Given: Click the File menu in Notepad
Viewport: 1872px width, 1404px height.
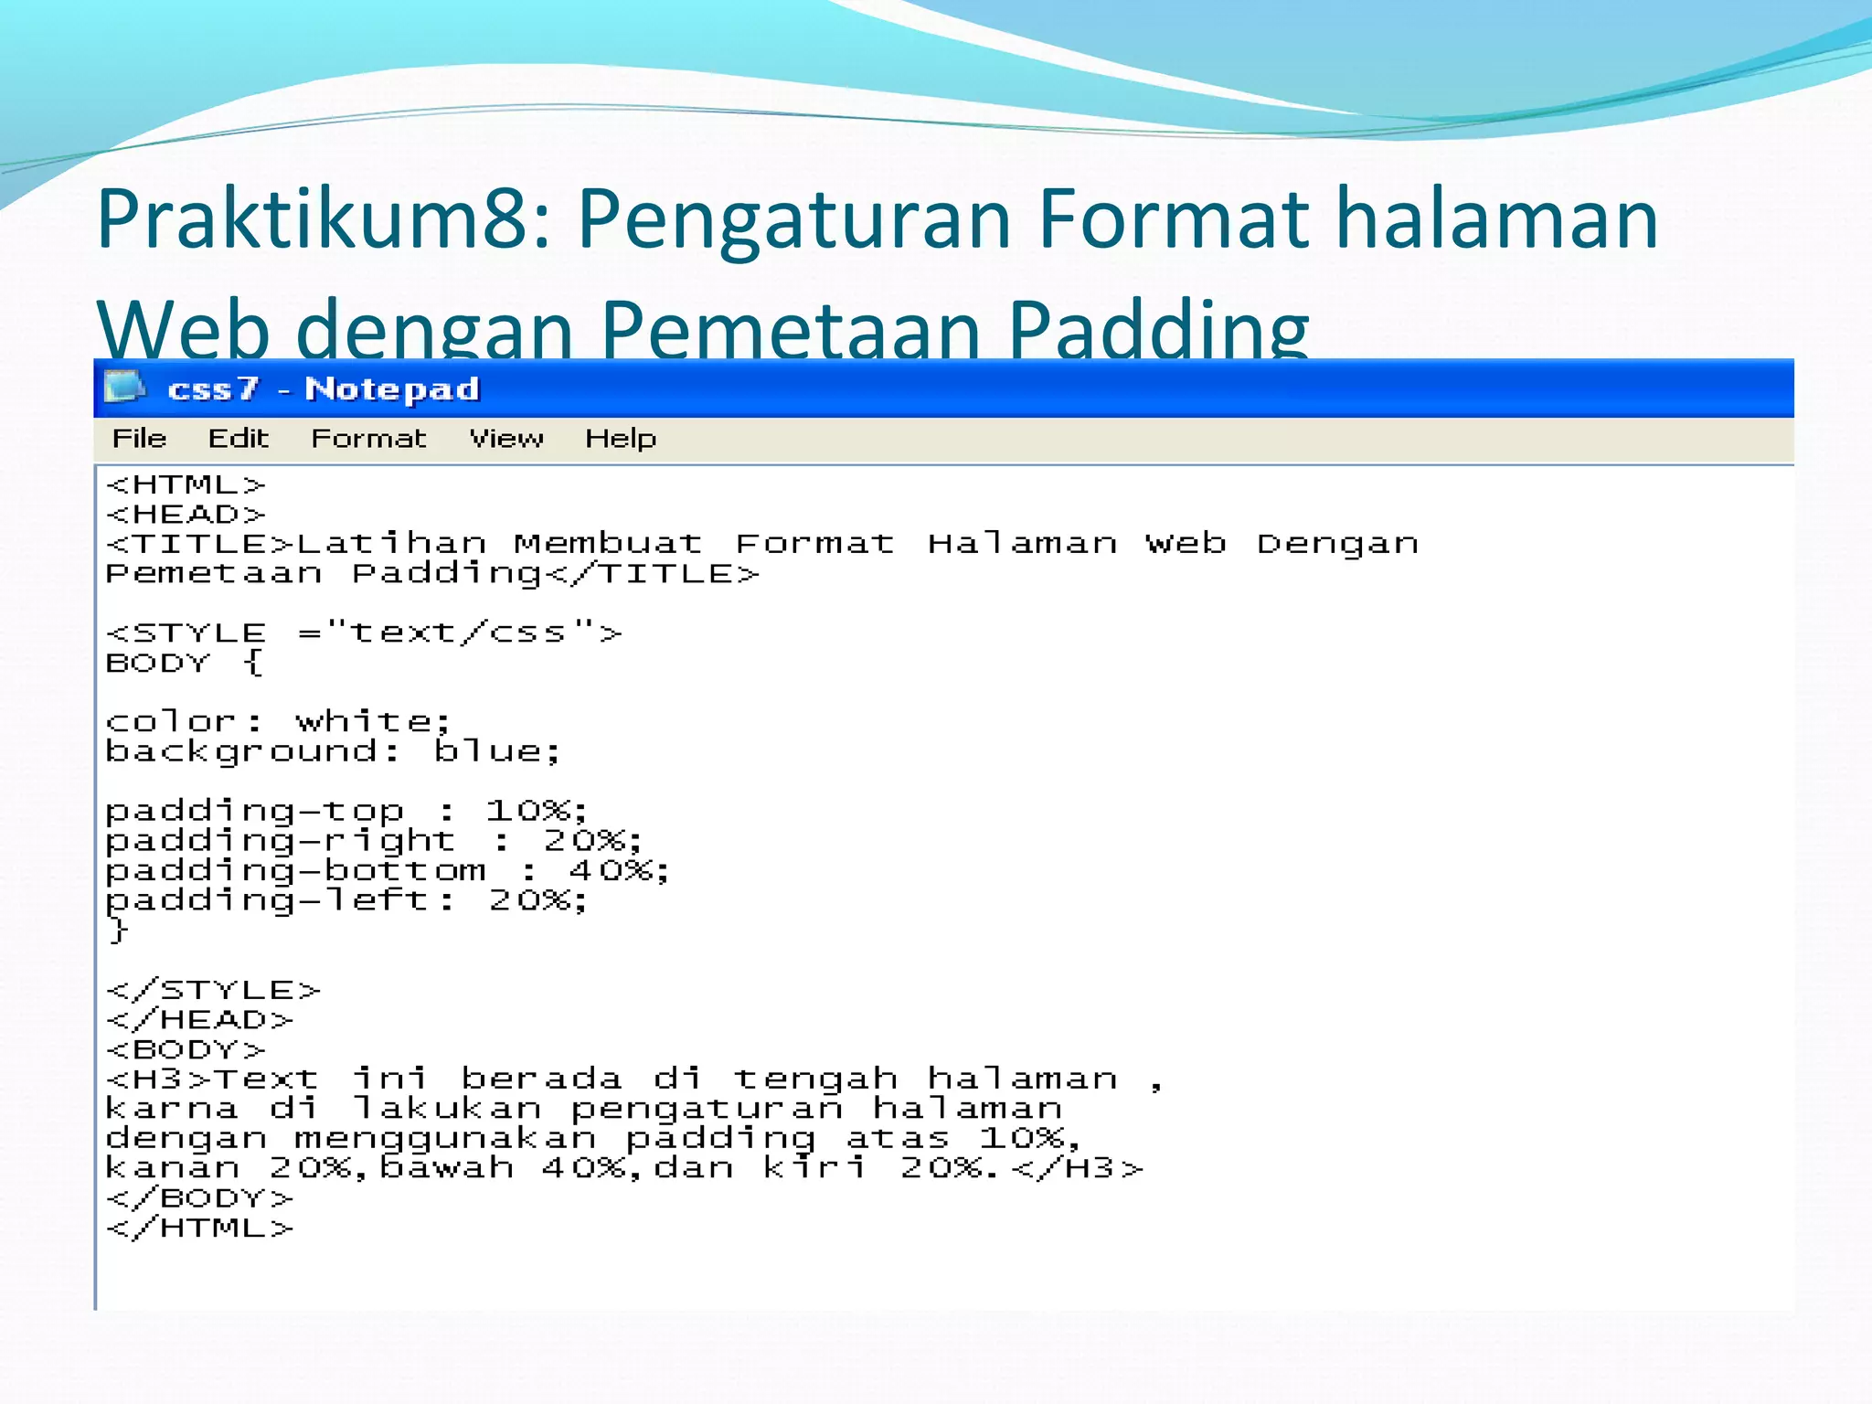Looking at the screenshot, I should [139, 439].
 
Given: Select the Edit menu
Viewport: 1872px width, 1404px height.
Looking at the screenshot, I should [238, 439].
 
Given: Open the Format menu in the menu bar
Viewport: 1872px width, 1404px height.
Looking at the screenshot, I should [368, 439].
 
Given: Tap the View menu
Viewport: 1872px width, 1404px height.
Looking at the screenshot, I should [506, 439].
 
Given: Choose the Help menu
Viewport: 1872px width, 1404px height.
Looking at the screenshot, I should [621, 439].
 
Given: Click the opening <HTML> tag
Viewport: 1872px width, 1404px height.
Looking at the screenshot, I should [186, 484].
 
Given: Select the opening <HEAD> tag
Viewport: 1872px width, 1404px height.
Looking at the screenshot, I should [186, 515].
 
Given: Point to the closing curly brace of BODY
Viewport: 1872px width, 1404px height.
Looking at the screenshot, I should [118, 931].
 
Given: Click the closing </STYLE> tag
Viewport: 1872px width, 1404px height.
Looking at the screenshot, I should [213, 990].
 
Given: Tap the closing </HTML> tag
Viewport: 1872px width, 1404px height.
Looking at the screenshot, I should [200, 1228].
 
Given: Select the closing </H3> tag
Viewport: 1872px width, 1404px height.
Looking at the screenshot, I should [1079, 1168].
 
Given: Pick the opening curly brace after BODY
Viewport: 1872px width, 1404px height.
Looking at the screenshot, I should [254, 663].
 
